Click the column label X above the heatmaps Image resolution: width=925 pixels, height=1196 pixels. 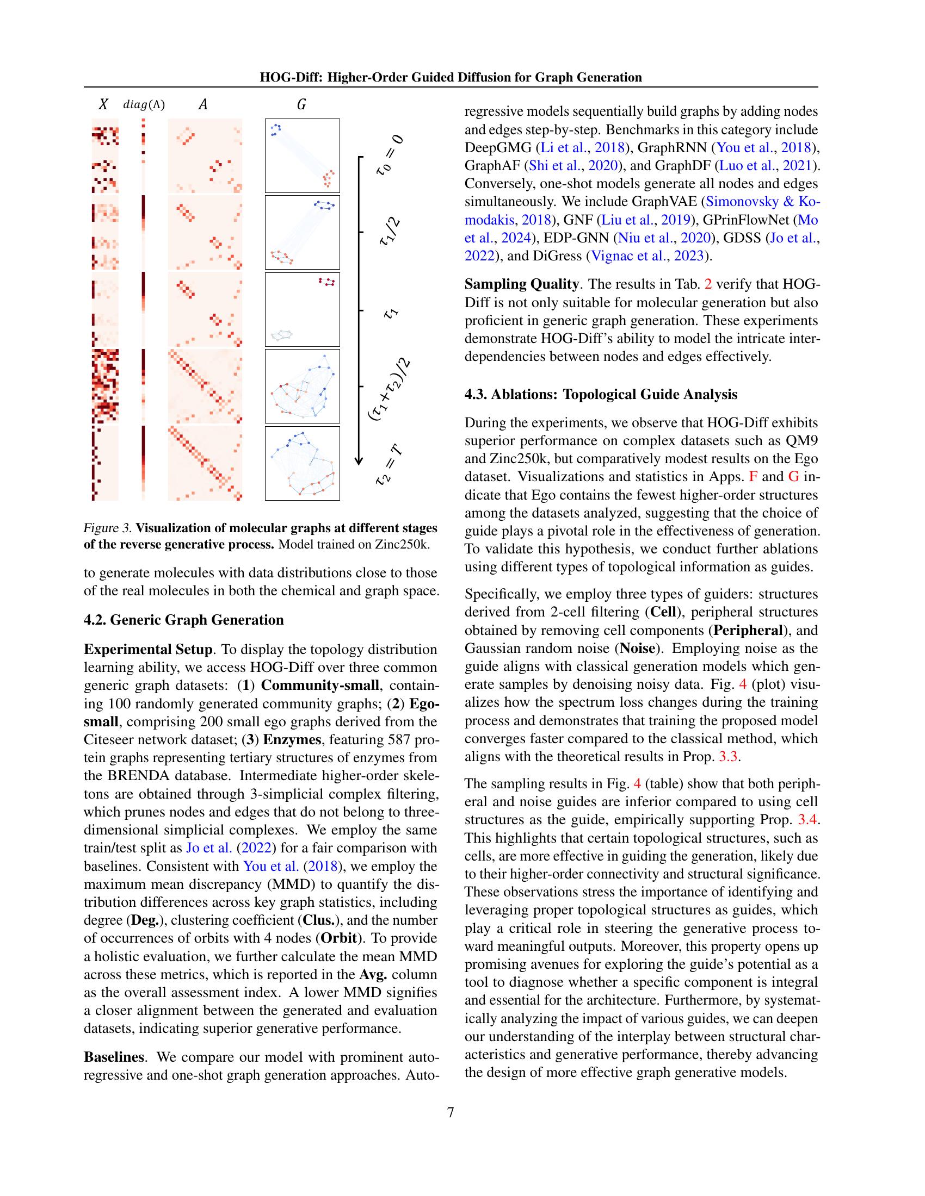[103, 104]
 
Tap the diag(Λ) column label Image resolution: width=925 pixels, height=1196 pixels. [144, 104]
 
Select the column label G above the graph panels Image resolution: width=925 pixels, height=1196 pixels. [301, 104]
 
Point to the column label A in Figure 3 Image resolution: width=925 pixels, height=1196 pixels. [203, 104]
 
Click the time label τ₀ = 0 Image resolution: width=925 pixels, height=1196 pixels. [390, 157]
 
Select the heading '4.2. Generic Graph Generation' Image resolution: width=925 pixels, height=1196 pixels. [183, 620]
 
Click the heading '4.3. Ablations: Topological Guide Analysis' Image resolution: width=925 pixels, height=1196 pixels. [601, 394]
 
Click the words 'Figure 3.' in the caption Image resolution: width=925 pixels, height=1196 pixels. [107, 528]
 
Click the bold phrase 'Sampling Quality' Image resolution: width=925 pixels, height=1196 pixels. [521, 284]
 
